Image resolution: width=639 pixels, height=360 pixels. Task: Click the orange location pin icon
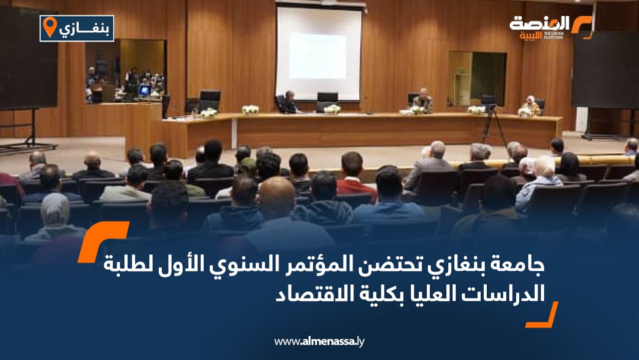[x=50, y=27]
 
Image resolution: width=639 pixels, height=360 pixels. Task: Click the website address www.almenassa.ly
[x=319, y=341]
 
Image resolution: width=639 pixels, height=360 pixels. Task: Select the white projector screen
[x=319, y=53]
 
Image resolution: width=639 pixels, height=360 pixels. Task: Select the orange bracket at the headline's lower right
[x=542, y=314]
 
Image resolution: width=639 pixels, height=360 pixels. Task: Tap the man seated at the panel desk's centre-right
[x=423, y=100]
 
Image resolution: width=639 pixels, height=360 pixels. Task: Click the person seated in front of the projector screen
[x=289, y=102]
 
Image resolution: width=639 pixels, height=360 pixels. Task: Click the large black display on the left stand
[x=28, y=59]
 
